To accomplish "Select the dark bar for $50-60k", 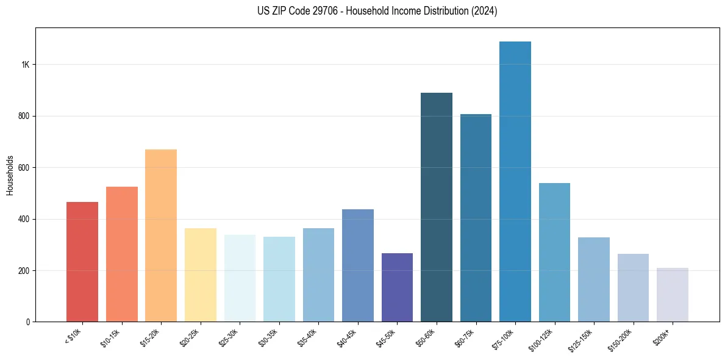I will [x=437, y=207].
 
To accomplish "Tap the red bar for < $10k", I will [x=82, y=262].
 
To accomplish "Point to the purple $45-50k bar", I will [x=397, y=287].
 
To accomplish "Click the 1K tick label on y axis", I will [x=24, y=65].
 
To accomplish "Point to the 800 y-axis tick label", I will [x=23, y=116].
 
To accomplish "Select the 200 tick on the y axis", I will [x=23, y=270].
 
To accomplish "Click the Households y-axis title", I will [x=10, y=175].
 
